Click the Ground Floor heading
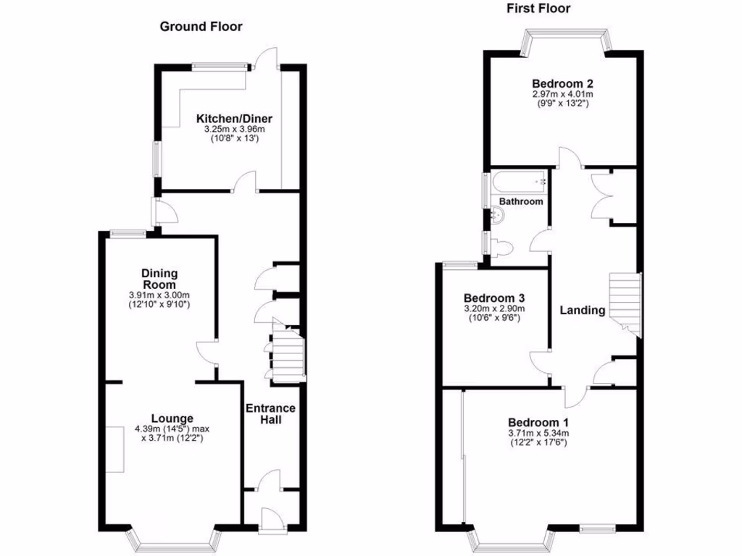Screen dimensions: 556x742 pos(201,27)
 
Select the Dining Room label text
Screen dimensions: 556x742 pos(159,279)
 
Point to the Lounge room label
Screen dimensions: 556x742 pos(172,418)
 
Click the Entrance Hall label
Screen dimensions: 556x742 pos(270,413)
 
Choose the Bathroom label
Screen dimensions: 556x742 pos(520,201)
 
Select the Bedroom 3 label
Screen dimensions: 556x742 pos(494,298)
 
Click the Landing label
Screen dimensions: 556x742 pos(582,311)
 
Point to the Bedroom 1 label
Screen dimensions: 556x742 pos(538,423)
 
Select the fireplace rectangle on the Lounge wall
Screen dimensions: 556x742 pos(114,450)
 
